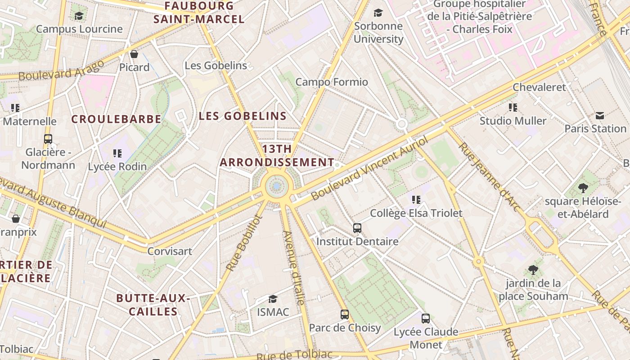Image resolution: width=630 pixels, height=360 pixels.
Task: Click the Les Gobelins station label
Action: (216, 66)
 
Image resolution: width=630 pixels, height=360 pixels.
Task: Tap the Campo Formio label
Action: (332, 82)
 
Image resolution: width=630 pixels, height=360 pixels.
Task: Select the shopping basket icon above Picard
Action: (134, 54)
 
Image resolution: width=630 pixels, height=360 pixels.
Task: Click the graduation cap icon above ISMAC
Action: (273, 299)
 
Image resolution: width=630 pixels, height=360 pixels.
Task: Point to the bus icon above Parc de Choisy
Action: (345, 315)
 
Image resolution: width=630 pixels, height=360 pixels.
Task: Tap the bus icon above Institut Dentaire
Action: (357, 228)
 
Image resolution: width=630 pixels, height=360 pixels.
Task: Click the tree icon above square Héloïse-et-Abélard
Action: (583, 188)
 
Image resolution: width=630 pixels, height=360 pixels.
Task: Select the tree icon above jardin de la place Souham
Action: (533, 270)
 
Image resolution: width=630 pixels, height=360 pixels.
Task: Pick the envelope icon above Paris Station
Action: (600, 116)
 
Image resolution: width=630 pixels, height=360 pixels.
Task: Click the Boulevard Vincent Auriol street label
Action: (369, 169)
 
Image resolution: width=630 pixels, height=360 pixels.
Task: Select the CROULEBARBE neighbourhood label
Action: (116, 119)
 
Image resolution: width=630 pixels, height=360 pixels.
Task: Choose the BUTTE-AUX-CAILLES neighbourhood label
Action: (153, 305)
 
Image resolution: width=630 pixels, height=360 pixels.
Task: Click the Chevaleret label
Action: (539, 87)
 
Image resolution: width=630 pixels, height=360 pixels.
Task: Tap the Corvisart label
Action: (170, 251)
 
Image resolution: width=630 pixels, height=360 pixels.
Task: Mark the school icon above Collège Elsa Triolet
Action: (416, 199)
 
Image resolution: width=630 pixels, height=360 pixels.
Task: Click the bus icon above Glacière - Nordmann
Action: (48, 139)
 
